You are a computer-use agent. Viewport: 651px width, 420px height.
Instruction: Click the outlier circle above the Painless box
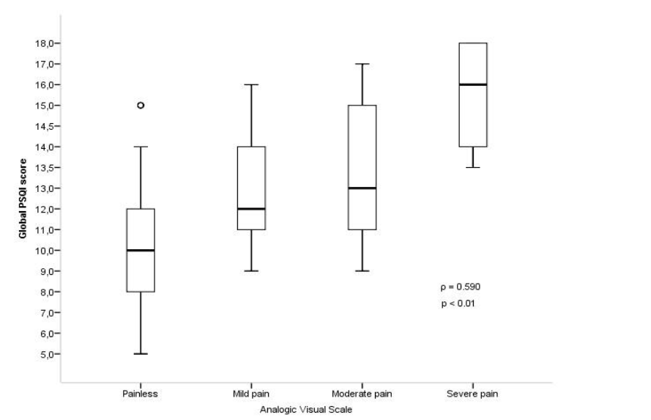click(x=141, y=105)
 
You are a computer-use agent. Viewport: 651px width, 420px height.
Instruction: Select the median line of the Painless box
click(x=141, y=250)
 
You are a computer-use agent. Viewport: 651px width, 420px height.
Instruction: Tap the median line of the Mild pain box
click(x=251, y=208)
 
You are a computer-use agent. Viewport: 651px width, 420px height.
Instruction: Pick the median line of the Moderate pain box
click(x=362, y=188)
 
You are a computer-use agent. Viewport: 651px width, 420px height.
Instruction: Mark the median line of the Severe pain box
click(x=472, y=84)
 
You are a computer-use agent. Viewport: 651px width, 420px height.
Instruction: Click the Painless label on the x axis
click(x=141, y=394)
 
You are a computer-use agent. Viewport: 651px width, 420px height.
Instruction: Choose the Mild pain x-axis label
click(x=251, y=394)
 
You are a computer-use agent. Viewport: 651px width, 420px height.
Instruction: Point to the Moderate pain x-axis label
click(x=362, y=394)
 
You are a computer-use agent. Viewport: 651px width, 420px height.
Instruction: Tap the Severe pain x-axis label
click(x=472, y=394)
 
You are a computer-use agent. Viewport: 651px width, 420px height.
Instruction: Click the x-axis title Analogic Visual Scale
click(x=306, y=409)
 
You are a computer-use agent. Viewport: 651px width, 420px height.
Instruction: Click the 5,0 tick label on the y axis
click(x=47, y=354)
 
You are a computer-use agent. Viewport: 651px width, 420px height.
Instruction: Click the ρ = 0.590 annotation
click(x=461, y=287)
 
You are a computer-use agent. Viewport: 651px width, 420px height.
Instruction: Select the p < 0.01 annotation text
click(x=458, y=303)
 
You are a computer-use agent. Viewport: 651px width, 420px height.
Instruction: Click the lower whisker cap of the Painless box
click(x=141, y=354)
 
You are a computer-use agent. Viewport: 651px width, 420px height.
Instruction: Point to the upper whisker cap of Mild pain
click(x=251, y=84)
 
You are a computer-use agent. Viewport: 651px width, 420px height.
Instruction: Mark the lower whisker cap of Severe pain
click(x=472, y=167)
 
